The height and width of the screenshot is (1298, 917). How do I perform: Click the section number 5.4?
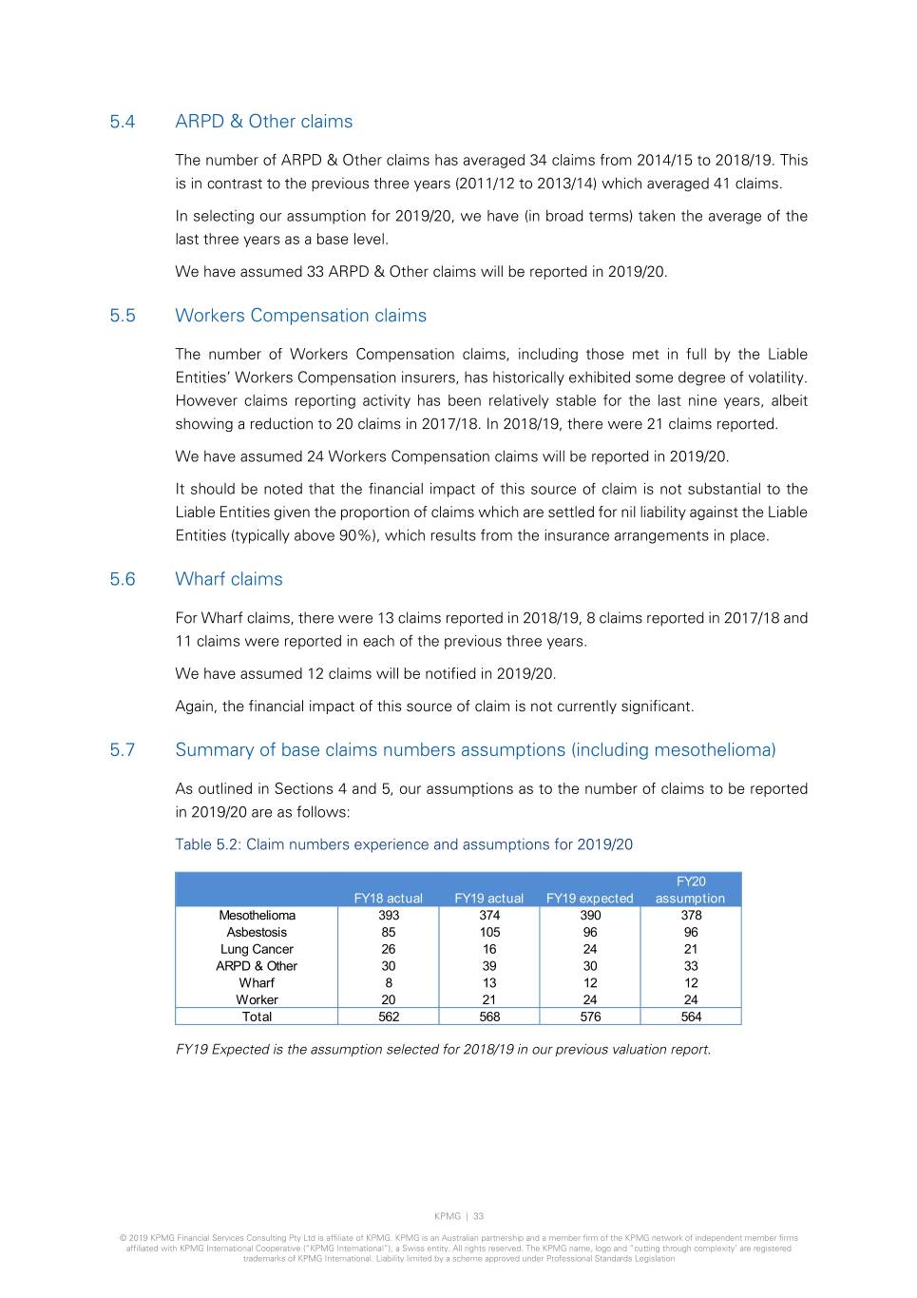click(122, 122)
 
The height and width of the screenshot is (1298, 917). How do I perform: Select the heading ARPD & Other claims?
click(263, 122)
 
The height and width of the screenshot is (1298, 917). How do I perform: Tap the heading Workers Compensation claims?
click(300, 316)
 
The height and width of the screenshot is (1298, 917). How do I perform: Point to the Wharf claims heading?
click(228, 579)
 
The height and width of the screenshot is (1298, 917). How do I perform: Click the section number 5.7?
click(122, 750)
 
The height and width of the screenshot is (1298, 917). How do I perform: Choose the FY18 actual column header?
click(388, 898)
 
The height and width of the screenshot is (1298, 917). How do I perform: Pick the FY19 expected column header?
click(589, 898)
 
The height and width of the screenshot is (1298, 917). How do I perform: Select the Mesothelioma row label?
click(257, 916)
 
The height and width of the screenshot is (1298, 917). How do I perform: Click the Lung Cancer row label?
click(257, 949)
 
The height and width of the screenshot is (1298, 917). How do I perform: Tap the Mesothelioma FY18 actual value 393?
click(389, 916)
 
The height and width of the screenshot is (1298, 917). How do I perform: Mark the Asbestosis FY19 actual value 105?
click(489, 933)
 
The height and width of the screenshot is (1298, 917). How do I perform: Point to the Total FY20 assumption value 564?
click(691, 1017)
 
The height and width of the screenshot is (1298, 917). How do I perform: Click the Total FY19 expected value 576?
click(590, 1017)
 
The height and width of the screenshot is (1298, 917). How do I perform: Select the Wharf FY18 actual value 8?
click(389, 983)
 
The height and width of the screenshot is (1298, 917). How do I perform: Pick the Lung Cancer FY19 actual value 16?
click(489, 949)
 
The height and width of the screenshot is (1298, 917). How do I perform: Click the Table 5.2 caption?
click(403, 844)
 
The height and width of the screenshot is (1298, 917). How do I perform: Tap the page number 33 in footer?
click(478, 1216)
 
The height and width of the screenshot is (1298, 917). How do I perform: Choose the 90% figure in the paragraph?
click(357, 535)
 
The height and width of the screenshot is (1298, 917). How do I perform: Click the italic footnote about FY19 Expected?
click(443, 1050)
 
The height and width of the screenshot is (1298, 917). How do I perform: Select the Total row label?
click(257, 1017)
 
